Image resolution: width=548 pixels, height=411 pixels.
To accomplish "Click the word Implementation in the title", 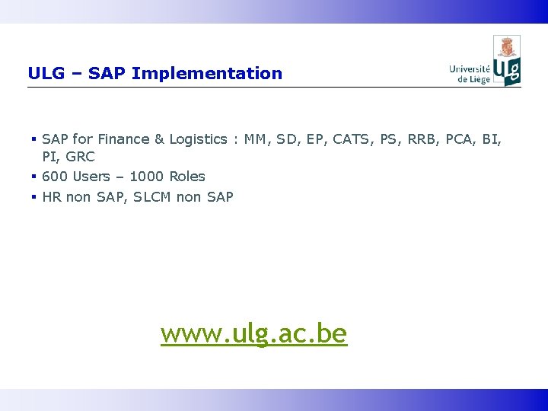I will [227, 74].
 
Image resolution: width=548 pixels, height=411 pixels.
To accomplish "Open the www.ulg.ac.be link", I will [253, 333].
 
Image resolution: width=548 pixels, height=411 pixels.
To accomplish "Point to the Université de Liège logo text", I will [470, 74].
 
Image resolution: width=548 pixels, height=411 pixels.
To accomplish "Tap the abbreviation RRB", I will [418, 139].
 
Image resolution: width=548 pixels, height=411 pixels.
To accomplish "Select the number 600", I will [55, 177].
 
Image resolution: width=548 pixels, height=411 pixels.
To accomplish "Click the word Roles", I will [187, 177].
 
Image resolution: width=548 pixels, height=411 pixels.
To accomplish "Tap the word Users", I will [91, 177].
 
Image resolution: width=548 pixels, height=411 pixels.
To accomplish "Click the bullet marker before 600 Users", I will [34, 177].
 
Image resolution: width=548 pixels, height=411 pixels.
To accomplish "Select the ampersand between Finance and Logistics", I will [159, 139].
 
